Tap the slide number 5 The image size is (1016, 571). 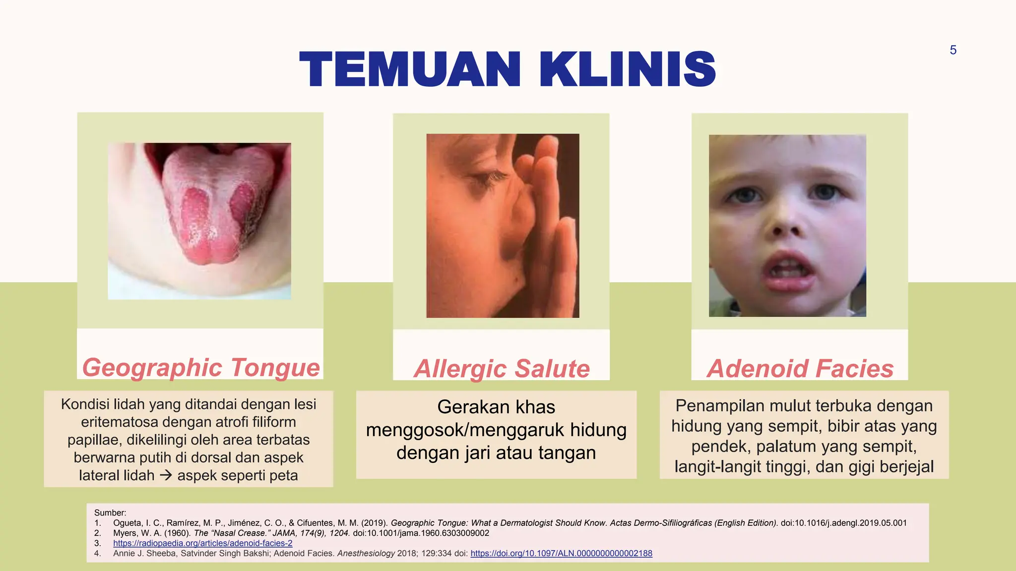pos(952,50)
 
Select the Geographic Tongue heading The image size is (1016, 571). pos(201,368)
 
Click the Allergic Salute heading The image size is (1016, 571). pos(502,369)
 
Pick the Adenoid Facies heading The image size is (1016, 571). pos(800,369)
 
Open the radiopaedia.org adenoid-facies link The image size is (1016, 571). pos(202,543)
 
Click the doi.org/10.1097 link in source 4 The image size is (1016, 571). pos(561,553)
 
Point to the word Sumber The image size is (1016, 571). pos(110,513)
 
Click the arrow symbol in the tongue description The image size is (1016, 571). pos(166,475)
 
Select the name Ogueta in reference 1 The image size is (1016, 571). pos(127,523)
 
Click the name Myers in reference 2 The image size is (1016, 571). pos(126,533)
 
